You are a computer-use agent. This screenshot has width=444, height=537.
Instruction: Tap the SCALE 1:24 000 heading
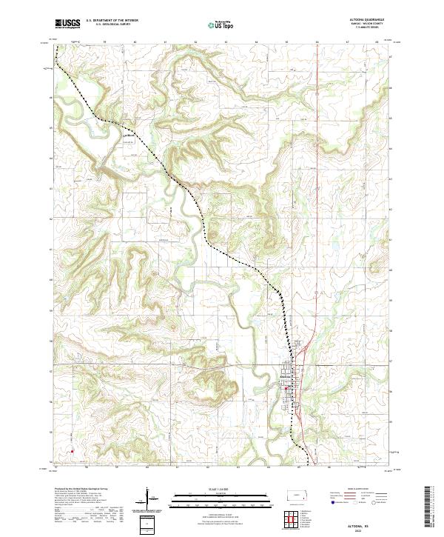pyautogui.click(x=209, y=488)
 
